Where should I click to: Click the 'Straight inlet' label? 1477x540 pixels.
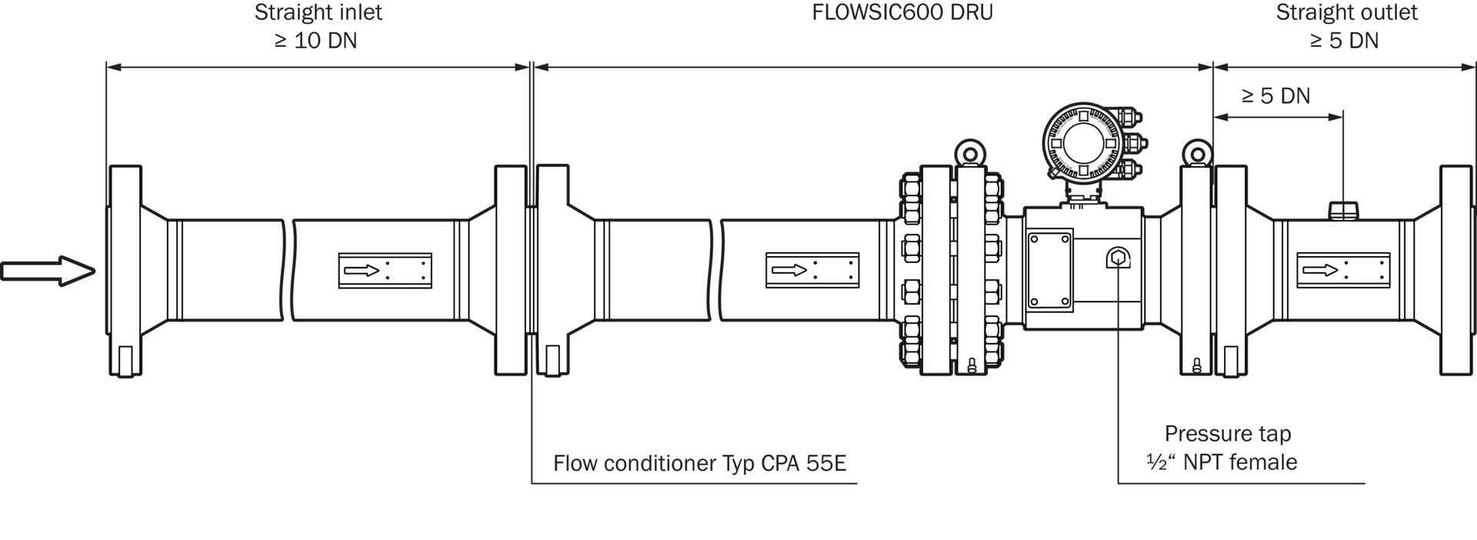[318, 13]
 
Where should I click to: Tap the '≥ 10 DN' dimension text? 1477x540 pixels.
[316, 41]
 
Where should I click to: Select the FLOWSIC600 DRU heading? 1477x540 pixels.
[902, 13]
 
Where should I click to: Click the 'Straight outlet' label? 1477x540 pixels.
[1346, 13]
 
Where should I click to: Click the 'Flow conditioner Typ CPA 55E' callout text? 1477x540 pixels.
[699, 463]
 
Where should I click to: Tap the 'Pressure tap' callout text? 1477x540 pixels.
[1227, 434]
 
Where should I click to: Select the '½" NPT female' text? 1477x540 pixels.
[1221, 462]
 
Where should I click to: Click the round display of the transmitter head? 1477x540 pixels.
[1082, 143]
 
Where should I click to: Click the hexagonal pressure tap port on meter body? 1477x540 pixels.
[1117, 259]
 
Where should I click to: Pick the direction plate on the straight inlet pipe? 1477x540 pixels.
[385, 271]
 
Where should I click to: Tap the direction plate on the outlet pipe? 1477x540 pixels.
[1343, 271]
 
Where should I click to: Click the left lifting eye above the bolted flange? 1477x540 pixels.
[969, 153]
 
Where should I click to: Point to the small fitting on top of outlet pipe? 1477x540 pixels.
[1343, 210]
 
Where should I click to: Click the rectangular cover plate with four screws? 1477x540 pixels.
[1050, 271]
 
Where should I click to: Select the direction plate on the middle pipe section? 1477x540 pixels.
[812, 271]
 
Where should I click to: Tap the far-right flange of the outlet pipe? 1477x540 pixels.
[1456, 271]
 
